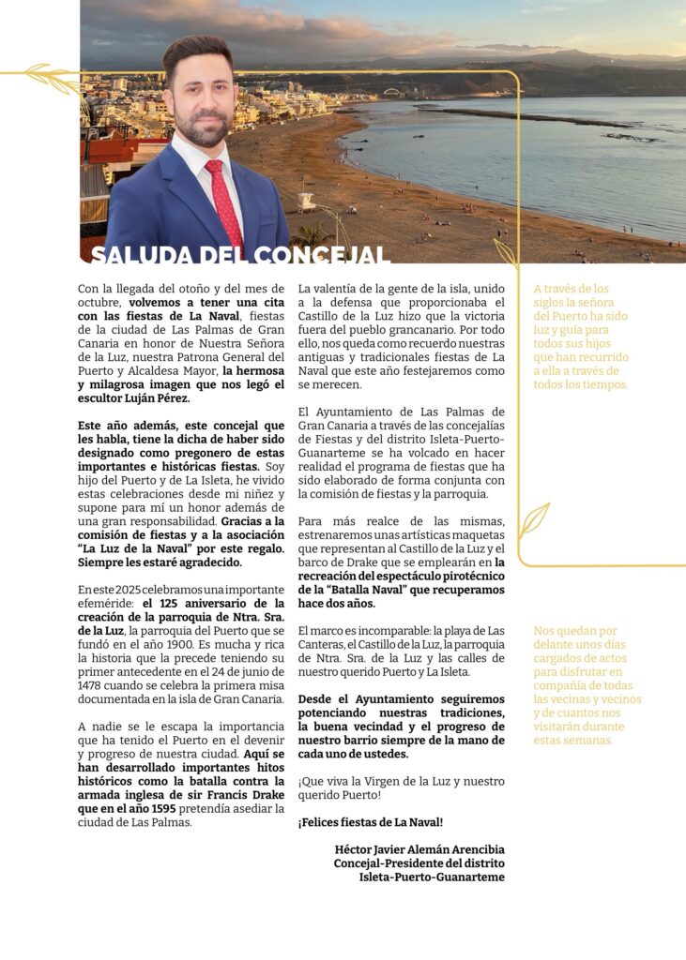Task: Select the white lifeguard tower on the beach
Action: (306, 201)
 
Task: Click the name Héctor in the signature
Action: (356, 849)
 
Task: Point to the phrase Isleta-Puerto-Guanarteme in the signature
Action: (432, 877)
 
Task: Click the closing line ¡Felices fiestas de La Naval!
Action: (371, 822)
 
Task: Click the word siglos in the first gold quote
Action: (555, 303)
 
